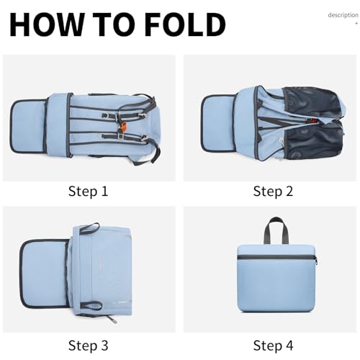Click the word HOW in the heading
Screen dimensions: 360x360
(45, 24)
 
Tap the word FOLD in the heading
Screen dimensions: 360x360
(186, 24)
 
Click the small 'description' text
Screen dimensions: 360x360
(343, 15)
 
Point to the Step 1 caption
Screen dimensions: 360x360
(88, 192)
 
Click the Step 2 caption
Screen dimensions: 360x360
(273, 192)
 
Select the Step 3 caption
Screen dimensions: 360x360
(88, 346)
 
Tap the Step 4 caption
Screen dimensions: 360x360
(273, 346)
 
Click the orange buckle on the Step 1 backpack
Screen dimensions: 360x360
(122, 127)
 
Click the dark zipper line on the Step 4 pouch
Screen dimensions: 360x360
(276, 257)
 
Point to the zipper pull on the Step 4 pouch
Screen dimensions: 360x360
(316, 261)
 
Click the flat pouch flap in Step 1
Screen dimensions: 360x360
(27, 126)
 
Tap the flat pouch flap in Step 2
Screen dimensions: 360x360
(218, 123)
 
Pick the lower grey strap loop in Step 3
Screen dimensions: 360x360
(91, 305)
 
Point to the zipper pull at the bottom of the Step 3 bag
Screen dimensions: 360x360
(112, 319)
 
